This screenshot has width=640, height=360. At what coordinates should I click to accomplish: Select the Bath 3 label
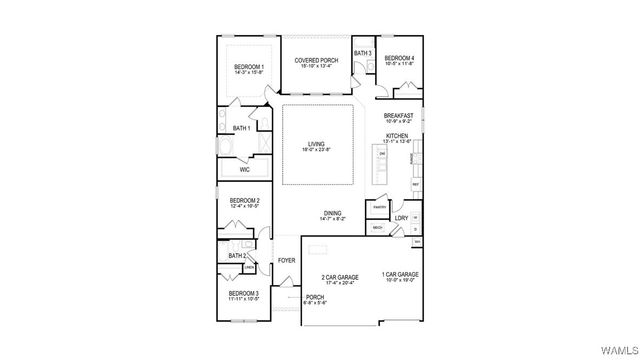[x=362, y=53]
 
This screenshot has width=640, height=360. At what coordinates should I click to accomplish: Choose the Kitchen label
[x=398, y=136]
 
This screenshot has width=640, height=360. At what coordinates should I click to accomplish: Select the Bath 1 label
[x=241, y=128]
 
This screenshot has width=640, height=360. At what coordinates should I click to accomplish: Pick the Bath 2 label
[x=236, y=257]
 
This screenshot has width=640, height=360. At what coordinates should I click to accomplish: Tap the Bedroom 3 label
[x=243, y=295]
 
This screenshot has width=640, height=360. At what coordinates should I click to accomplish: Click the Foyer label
[x=286, y=261]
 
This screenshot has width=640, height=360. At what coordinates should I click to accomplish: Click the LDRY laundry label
[x=401, y=218]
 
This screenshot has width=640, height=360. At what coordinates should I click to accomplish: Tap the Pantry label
[x=378, y=207]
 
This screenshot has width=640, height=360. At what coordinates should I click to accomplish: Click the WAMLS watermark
[x=615, y=349]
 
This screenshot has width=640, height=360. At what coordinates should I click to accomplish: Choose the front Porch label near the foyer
[x=314, y=298]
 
